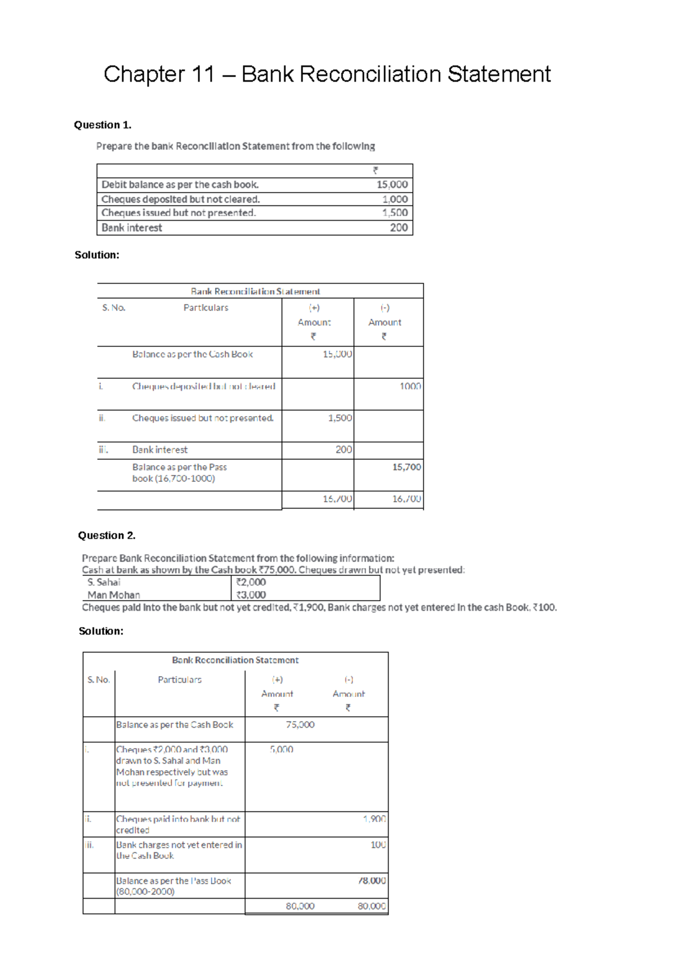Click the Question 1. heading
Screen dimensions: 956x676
click(103, 125)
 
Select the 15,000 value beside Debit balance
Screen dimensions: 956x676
click(392, 185)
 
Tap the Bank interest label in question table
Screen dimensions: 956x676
click(132, 228)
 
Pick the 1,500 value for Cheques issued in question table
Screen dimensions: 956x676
click(394, 213)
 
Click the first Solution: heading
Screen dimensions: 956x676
click(97, 255)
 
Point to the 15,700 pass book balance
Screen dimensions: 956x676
click(406, 467)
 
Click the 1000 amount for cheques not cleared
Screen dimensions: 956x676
click(410, 386)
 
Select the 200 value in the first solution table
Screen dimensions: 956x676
click(344, 450)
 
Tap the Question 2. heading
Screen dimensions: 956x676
click(106, 535)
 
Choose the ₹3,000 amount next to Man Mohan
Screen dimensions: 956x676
click(251, 595)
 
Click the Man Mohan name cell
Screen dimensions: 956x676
click(114, 595)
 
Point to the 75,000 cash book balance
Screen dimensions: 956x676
click(300, 725)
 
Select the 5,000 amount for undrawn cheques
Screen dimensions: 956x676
click(281, 749)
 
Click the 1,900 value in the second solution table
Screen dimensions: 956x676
click(374, 819)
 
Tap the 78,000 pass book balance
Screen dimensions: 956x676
click(372, 881)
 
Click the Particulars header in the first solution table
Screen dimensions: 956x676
click(206, 308)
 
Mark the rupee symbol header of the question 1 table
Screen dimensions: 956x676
click(376, 171)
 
